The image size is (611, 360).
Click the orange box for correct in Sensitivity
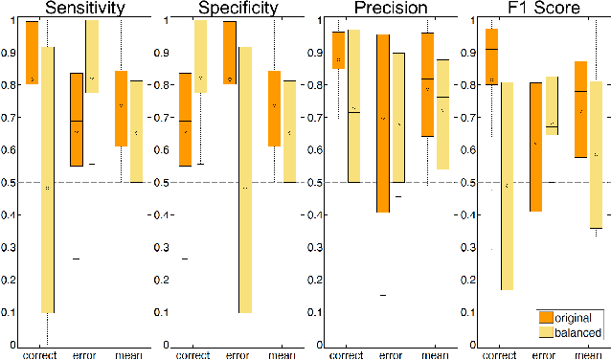(x=32, y=52)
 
